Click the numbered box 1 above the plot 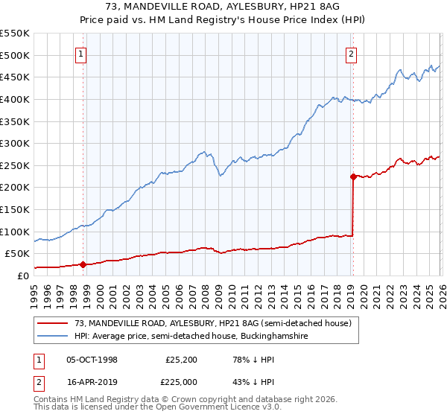[x=80, y=53]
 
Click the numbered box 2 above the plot [x=351, y=53]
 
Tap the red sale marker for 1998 [x=83, y=264]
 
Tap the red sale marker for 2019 [x=352, y=176]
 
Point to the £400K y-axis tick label [x=15, y=99]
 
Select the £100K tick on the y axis [x=15, y=232]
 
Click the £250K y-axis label [x=15, y=165]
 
